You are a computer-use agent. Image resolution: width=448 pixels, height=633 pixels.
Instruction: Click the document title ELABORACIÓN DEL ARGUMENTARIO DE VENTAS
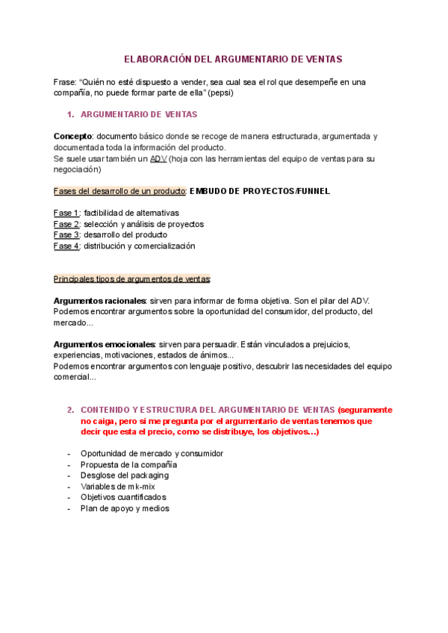click(223, 58)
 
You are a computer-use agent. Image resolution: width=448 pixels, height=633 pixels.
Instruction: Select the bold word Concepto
click(72, 137)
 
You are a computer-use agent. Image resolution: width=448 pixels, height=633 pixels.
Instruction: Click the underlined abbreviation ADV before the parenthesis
click(158, 159)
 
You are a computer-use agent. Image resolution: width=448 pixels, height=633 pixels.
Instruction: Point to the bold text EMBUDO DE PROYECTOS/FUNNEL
click(260, 191)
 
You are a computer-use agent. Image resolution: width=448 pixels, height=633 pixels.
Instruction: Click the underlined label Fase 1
click(66, 213)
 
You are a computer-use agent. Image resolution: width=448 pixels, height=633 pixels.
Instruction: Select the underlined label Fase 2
click(66, 224)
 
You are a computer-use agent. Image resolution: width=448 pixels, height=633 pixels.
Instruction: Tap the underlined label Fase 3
click(66, 234)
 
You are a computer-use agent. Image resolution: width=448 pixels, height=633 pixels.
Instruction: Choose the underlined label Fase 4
click(66, 246)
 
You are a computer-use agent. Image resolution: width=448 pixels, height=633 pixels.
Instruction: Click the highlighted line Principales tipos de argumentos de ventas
click(132, 278)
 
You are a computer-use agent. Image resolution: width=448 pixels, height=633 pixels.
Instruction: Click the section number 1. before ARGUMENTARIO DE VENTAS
click(71, 114)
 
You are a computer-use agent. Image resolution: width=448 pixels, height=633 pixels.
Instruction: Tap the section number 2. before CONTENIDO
click(71, 410)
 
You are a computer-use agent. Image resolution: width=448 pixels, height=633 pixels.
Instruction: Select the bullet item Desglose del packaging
click(124, 475)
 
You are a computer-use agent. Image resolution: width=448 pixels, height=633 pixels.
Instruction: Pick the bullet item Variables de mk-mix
click(118, 487)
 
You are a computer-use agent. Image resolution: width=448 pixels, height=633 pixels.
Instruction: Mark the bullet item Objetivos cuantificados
click(122, 497)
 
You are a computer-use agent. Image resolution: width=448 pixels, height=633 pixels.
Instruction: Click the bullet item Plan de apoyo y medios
click(125, 508)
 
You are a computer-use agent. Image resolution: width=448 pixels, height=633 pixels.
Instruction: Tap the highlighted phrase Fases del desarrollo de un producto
click(119, 191)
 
